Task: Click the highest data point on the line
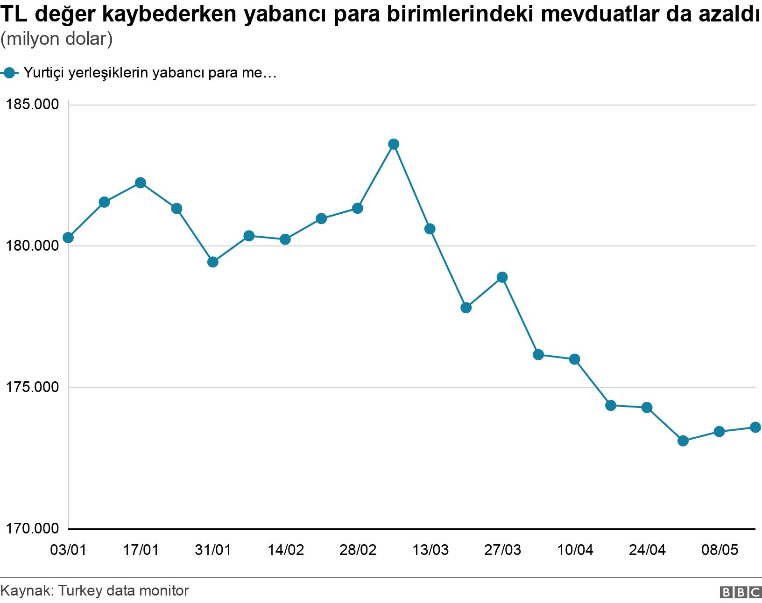(x=394, y=144)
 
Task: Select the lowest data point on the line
(x=683, y=441)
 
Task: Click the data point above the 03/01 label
(x=68, y=238)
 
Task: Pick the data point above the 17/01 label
(x=141, y=182)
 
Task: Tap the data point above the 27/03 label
(x=502, y=277)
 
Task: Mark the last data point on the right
(x=755, y=427)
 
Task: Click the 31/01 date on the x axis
(x=213, y=550)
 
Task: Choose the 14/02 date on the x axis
(x=285, y=550)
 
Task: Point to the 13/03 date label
(x=430, y=550)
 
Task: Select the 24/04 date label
(x=647, y=550)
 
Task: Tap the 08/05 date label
(x=719, y=550)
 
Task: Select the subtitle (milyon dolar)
(x=56, y=39)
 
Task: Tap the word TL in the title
(x=14, y=15)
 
